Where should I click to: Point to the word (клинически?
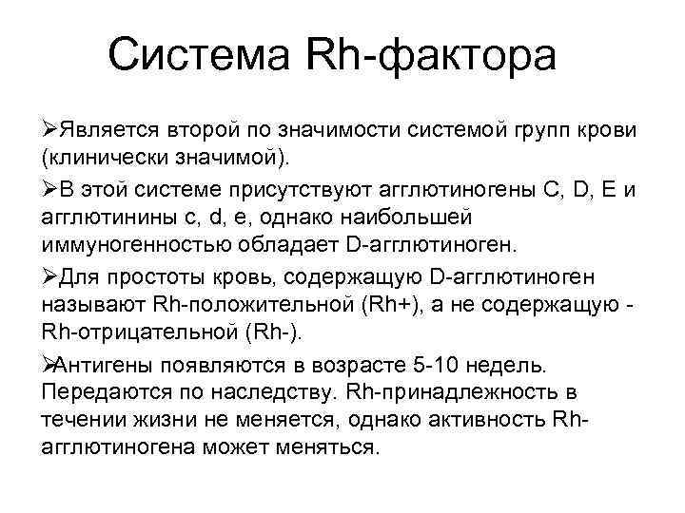coord(94,153)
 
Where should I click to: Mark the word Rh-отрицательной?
coord(138,332)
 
